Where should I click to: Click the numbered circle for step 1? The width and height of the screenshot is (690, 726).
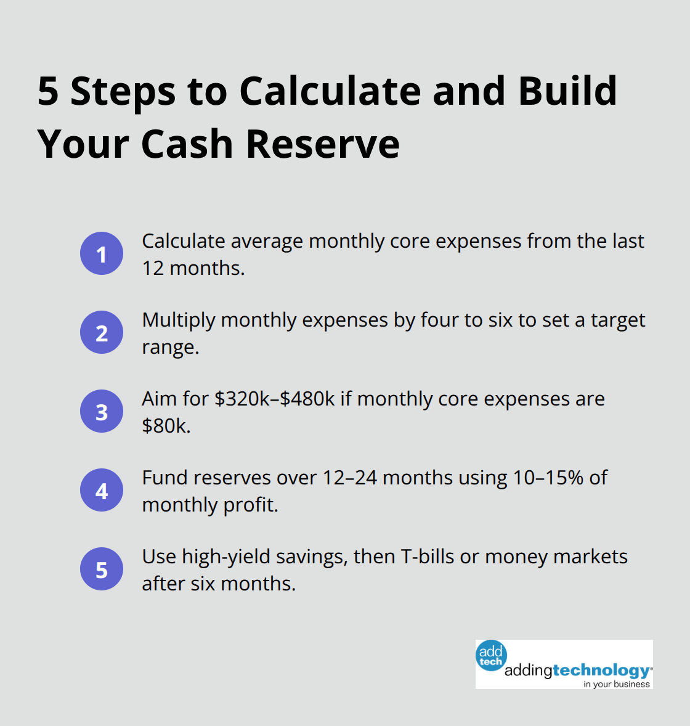click(x=102, y=253)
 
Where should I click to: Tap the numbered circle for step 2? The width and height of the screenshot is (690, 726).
click(x=102, y=332)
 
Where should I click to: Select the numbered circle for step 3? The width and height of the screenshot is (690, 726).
click(x=102, y=411)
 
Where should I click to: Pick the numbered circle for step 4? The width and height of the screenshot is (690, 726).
click(x=102, y=490)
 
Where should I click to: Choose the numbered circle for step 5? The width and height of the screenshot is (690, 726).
click(x=102, y=569)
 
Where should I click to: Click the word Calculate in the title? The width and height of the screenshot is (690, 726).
click(x=330, y=91)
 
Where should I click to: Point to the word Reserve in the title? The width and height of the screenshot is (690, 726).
click(x=323, y=144)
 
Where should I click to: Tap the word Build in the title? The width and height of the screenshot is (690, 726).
click(x=567, y=91)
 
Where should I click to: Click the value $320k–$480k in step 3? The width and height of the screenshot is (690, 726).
click(x=275, y=399)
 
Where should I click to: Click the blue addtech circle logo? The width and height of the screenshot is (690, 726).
click(x=491, y=656)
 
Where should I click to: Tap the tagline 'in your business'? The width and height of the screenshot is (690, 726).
click(x=617, y=684)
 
